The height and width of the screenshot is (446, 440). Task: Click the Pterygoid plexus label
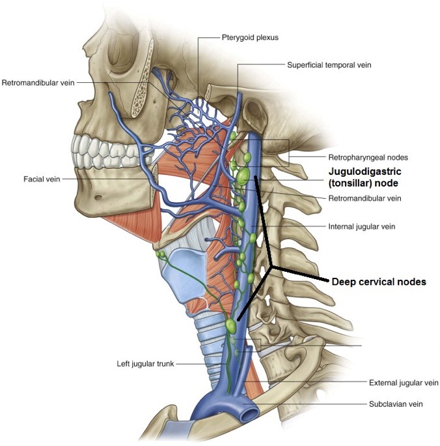coord(250,38)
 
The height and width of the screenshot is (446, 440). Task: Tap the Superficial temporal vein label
coord(329,65)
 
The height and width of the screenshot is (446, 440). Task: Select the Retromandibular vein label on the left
coord(38,83)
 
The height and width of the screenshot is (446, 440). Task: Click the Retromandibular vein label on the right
coord(364,198)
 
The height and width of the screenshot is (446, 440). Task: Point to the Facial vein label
coord(42,179)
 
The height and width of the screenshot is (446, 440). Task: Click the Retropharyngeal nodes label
coord(368,158)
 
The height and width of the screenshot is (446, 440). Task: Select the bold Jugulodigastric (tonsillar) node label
coord(364,177)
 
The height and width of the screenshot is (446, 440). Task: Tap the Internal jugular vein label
coord(362,227)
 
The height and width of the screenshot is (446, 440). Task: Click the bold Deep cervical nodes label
coord(379,282)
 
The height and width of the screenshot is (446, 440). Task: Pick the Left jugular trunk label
coord(145,364)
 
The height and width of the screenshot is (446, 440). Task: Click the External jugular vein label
coord(404,383)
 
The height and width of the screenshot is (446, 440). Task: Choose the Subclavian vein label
coord(396,404)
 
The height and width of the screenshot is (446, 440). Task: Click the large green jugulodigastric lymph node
coord(243,176)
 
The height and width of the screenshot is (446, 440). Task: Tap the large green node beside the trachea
coord(231,326)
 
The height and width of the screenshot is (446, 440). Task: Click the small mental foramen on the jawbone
coord(98,197)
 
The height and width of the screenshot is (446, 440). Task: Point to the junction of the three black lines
coord(272,267)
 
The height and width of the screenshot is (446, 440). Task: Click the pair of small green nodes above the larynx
coord(160,254)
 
